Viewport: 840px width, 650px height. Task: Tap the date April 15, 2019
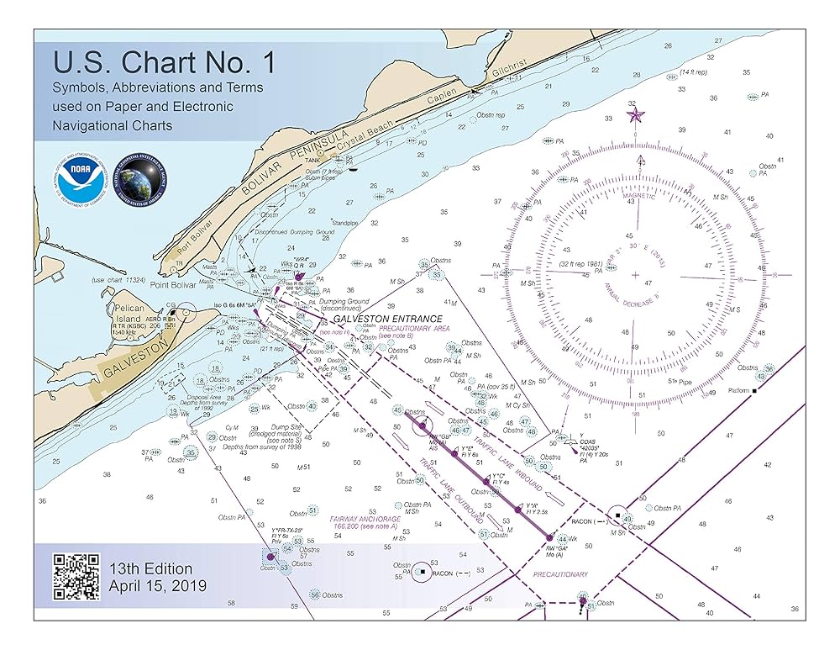pos(157,586)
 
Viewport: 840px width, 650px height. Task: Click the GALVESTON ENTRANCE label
pos(386,320)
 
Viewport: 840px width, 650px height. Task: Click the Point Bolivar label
pos(173,285)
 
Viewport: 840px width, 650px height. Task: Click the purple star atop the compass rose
pos(635,114)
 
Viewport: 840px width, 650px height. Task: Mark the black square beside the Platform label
pos(754,391)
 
